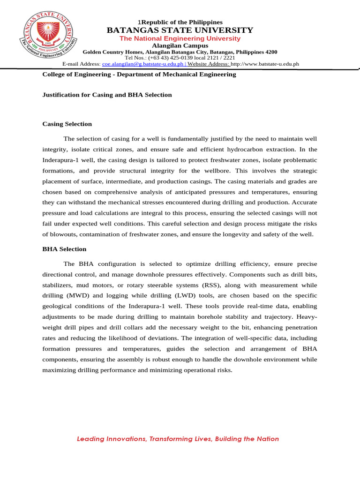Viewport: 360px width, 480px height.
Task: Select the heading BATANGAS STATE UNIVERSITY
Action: [x=180, y=30]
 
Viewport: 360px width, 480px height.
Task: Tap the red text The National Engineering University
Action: [x=180, y=38]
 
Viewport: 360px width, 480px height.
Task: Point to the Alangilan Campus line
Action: [x=180, y=45]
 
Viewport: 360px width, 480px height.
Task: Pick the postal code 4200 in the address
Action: [x=271, y=52]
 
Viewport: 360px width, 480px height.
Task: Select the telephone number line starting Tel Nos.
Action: [x=180, y=58]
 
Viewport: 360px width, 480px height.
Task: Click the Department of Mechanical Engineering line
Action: [x=139, y=75]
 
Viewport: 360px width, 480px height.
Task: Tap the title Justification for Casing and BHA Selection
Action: [x=107, y=95]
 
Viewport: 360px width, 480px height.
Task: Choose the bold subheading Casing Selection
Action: [x=67, y=124]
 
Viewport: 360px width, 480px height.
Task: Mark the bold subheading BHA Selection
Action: [x=64, y=249]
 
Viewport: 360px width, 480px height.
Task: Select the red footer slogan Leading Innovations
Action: [x=178, y=439]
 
